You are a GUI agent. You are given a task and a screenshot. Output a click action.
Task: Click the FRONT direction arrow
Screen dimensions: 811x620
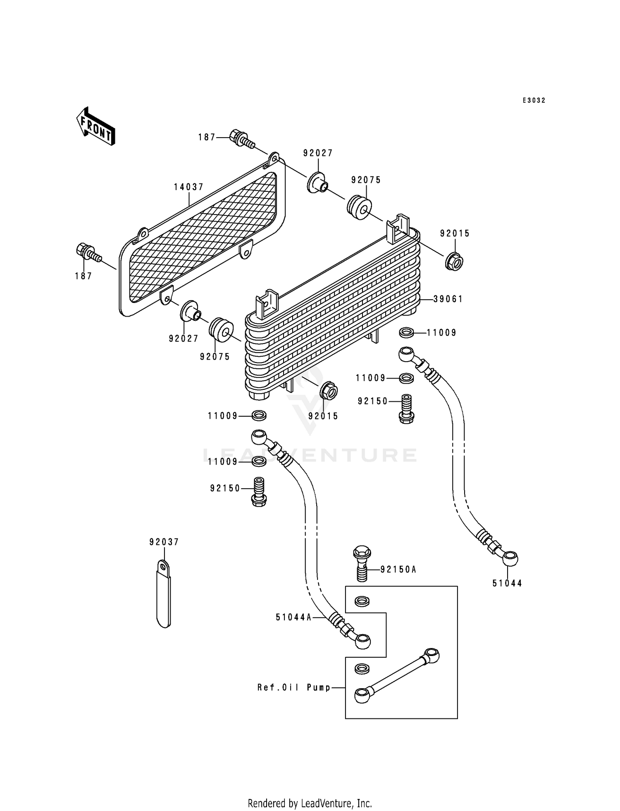(x=95, y=126)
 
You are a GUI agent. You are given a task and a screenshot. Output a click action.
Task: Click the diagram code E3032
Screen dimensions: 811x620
(x=534, y=100)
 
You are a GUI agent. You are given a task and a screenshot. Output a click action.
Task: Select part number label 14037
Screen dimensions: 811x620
(x=188, y=187)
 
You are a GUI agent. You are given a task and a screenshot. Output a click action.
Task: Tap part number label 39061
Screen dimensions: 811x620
(x=448, y=299)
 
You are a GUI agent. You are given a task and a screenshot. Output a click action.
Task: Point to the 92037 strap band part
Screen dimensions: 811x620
(x=164, y=595)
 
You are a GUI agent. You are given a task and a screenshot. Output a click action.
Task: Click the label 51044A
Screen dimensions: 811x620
(x=293, y=617)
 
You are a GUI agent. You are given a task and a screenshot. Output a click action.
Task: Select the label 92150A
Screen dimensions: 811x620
(x=398, y=570)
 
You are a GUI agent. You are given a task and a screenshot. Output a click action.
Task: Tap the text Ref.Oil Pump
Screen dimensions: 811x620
(x=294, y=688)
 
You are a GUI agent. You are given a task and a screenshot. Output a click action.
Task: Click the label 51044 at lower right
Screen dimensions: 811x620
(x=507, y=583)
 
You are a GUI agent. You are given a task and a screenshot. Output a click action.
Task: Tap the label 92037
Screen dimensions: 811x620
(x=164, y=542)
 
